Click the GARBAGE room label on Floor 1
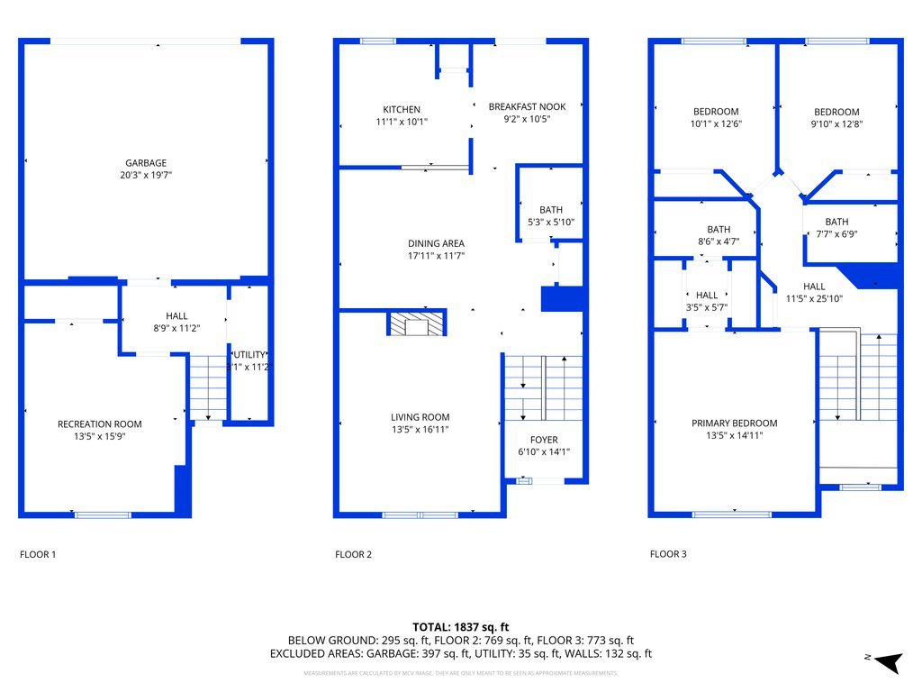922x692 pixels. point(145,163)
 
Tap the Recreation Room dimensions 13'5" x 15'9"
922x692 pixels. point(99,437)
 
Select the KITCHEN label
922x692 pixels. point(401,109)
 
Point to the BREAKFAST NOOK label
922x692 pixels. point(527,106)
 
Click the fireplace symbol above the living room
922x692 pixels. point(416,323)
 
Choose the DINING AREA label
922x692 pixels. point(436,243)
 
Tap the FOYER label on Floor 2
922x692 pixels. point(544,440)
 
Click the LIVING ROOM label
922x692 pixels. point(420,417)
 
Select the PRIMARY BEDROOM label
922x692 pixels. point(734,423)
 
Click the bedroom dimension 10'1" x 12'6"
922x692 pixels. point(715,124)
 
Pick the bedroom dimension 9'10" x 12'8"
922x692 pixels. point(836,124)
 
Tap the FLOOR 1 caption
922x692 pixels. point(38,555)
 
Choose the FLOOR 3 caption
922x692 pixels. point(668,555)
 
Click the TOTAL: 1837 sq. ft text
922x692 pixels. point(461,626)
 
